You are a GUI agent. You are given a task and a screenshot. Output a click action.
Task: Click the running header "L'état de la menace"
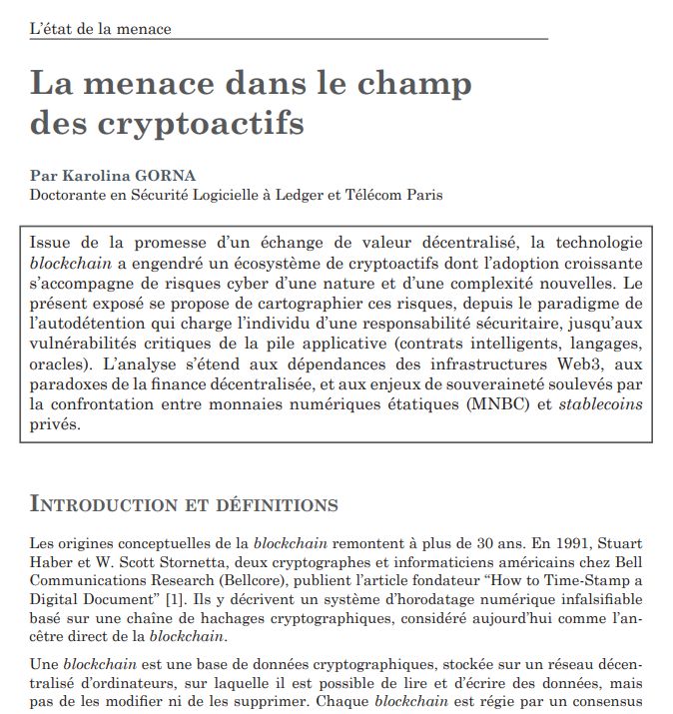click(100, 28)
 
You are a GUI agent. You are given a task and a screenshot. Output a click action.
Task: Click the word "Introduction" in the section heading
click(109, 502)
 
